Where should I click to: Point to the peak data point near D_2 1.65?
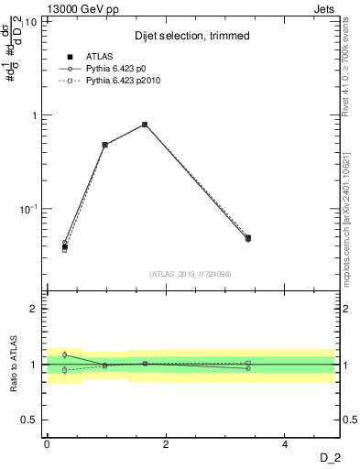[145, 125]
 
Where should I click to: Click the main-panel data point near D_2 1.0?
[105, 145]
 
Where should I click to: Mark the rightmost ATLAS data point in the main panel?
[248, 238]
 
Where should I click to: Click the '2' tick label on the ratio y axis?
[34, 309]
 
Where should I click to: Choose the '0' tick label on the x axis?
[47, 445]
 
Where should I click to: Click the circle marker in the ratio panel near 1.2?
[65, 354]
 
